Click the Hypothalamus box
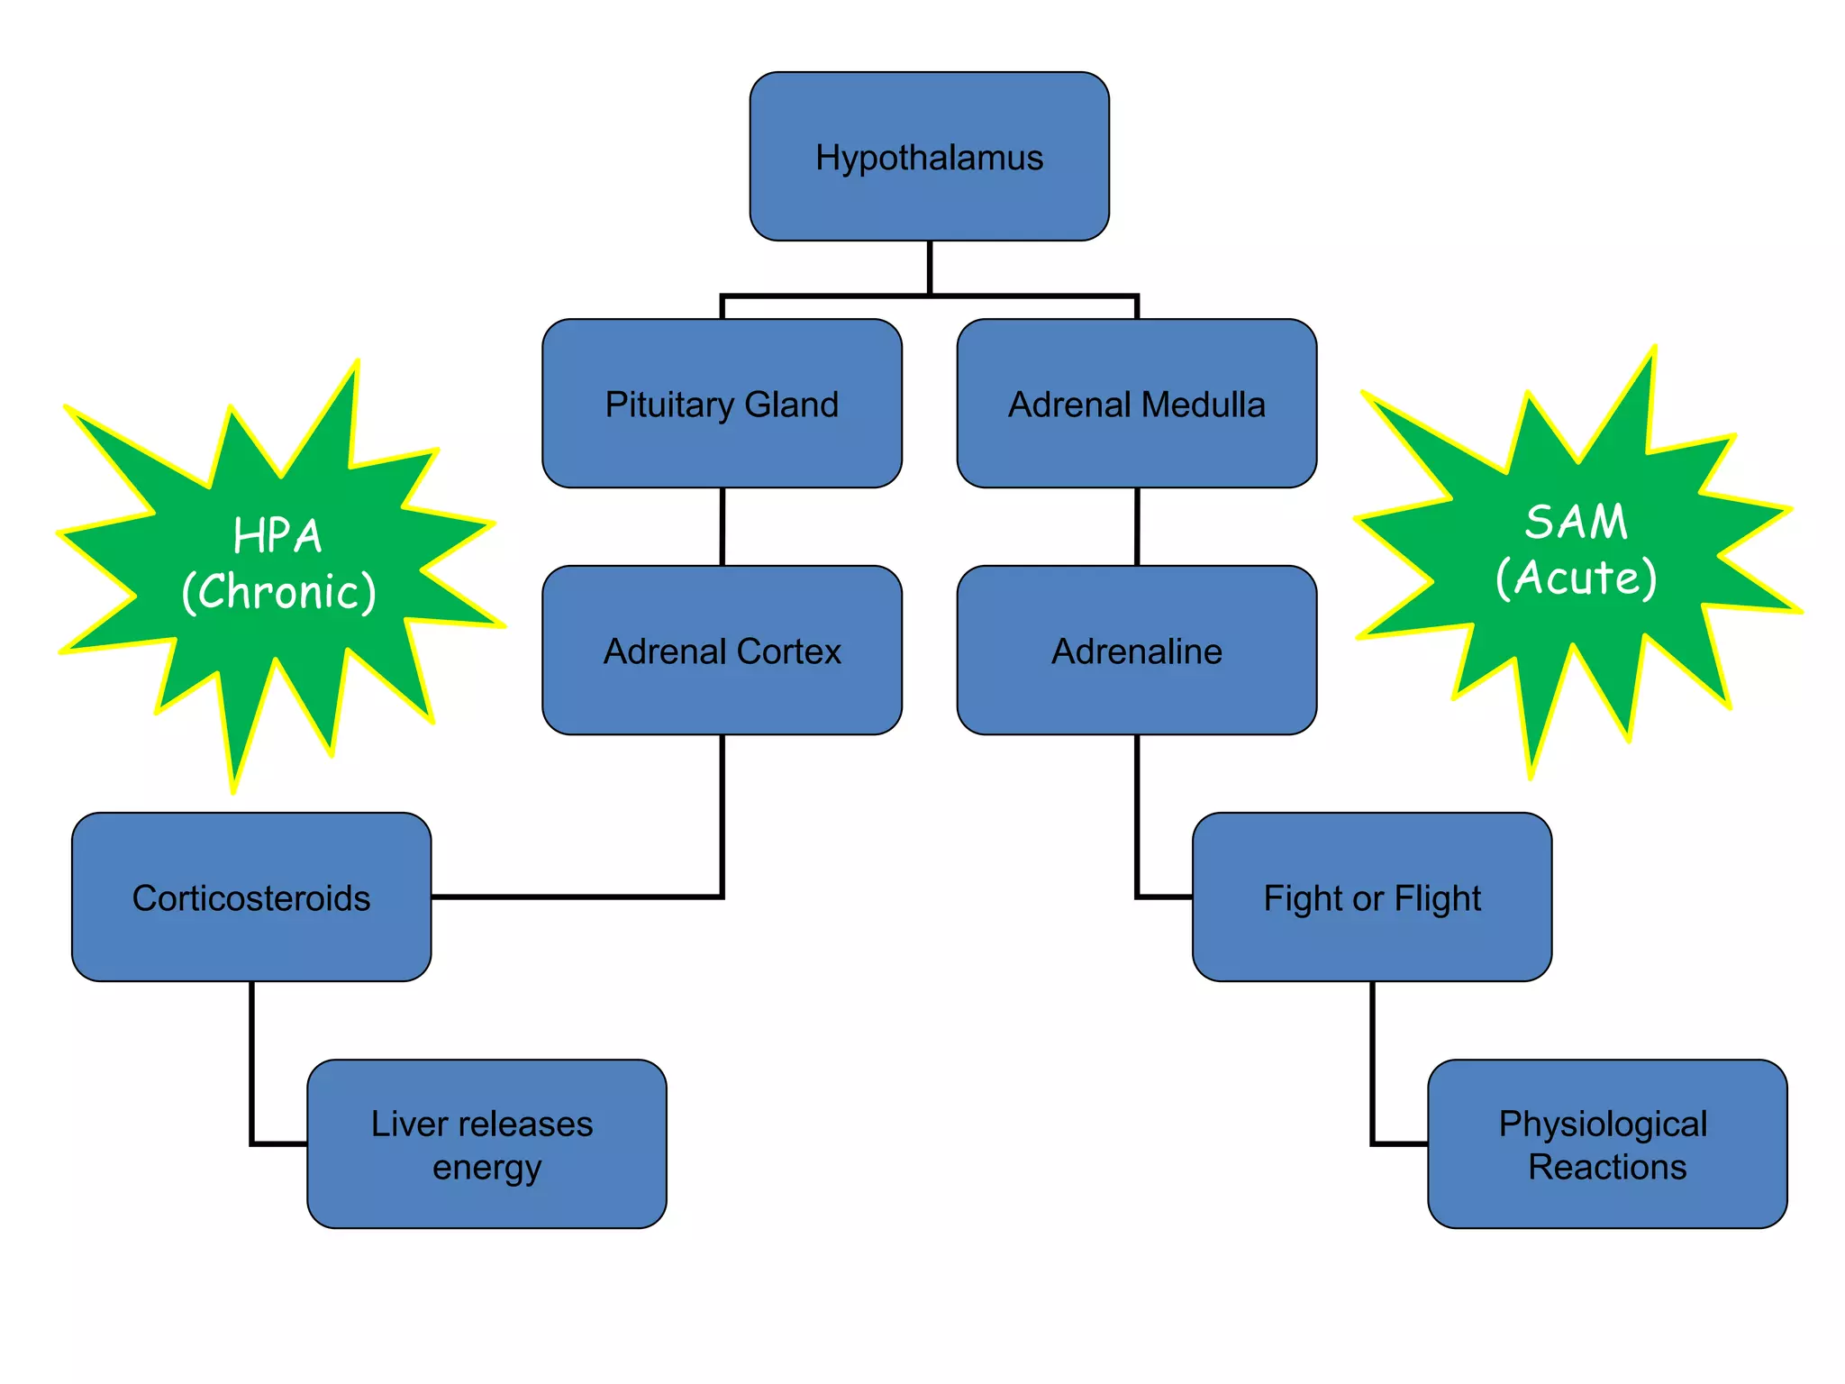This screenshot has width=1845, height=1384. click(929, 157)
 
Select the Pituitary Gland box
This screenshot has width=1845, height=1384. click(722, 404)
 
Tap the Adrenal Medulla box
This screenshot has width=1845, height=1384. click(1136, 404)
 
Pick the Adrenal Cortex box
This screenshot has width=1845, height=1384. click(722, 651)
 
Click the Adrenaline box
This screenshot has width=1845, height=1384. click(1136, 651)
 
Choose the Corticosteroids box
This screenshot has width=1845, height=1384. click(251, 897)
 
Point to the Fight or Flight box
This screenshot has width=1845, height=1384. click(1371, 897)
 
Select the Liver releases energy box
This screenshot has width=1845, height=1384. click(486, 1144)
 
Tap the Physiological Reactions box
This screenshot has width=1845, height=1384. click(1606, 1144)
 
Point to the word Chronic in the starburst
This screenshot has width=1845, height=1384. click(279, 593)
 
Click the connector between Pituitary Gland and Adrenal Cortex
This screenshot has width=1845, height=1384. click(723, 527)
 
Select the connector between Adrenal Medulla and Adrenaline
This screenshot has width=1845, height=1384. click(1137, 527)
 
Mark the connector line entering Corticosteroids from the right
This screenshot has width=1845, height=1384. click(577, 897)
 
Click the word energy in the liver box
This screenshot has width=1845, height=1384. click(486, 1168)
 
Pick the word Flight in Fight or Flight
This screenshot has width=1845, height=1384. click(1438, 898)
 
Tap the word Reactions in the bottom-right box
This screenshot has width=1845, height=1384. click(1607, 1168)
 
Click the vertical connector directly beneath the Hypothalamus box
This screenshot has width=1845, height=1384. click(929, 267)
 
